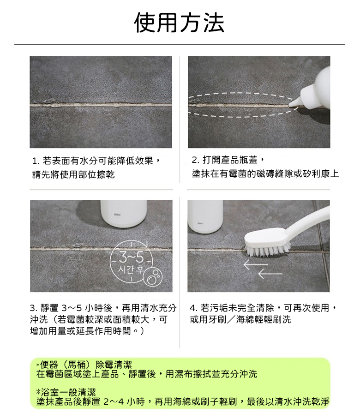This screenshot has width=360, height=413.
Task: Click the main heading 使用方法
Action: (180, 23)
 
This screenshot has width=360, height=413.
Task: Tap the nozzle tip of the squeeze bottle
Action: (290, 105)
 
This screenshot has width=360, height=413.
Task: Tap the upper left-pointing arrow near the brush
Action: (255, 264)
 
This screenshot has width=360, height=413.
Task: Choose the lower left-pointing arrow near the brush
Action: (270, 274)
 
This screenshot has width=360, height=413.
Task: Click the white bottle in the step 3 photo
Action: (124, 214)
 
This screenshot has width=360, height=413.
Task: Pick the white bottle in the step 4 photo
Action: (205, 216)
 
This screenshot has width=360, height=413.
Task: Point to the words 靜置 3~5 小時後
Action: (76, 308)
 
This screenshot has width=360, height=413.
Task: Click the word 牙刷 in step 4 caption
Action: (217, 319)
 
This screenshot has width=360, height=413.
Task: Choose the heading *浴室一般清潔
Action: (66, 392)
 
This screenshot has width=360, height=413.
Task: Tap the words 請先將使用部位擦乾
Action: (73, 174)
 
